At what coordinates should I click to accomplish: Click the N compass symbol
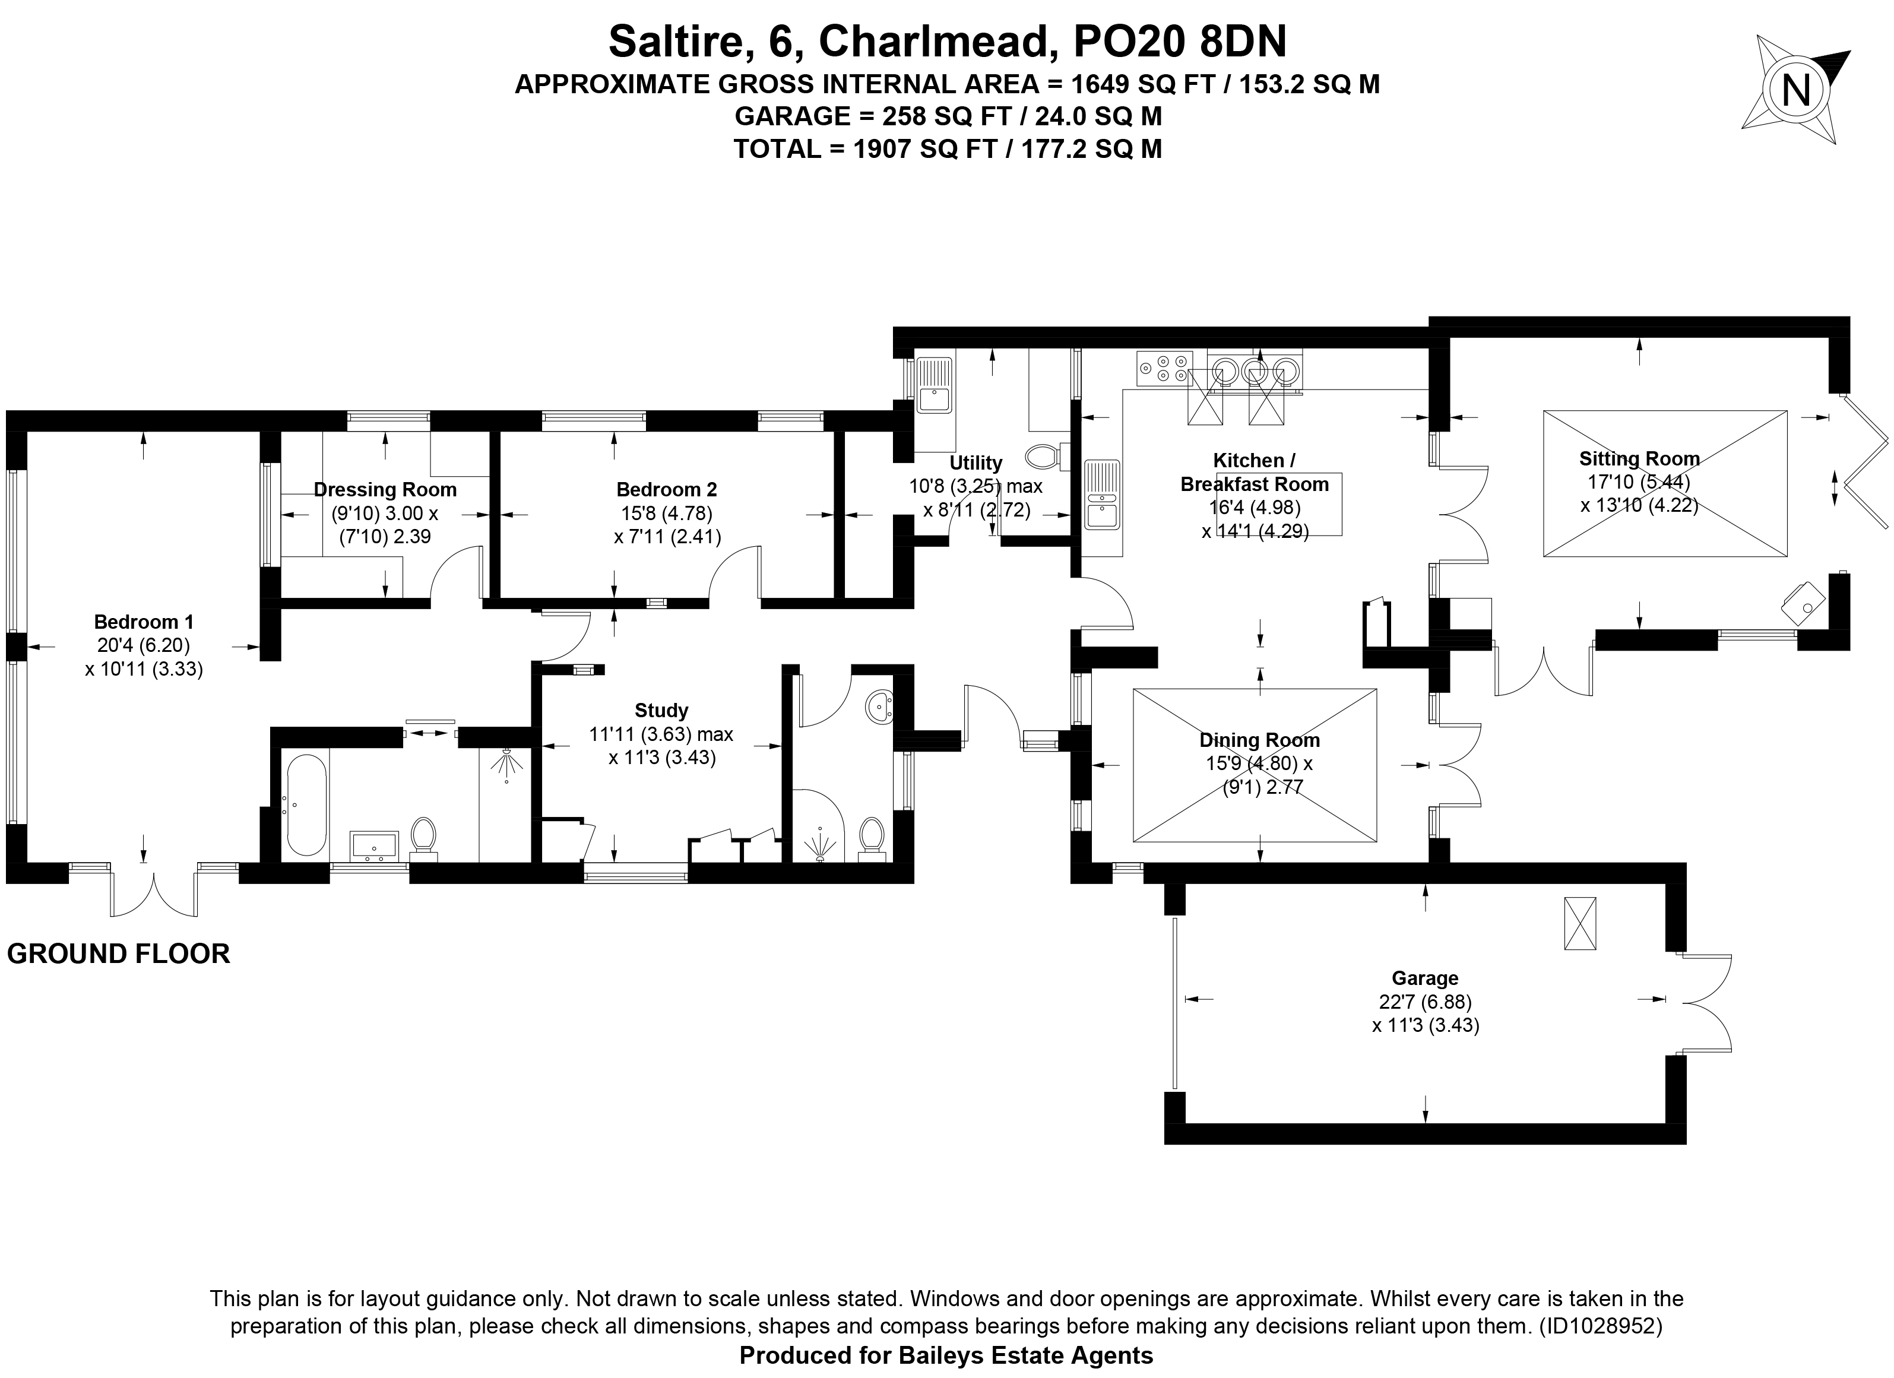1795,90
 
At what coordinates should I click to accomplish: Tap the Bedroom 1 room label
144,622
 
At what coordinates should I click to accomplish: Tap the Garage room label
1425,978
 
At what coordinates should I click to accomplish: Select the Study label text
661,711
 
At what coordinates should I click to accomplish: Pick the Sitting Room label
1639,458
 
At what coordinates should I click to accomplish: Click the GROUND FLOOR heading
119,953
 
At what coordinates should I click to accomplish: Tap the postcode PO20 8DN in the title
1179,42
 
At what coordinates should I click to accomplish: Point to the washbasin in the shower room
880,707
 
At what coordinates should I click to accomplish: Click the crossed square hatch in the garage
1579,923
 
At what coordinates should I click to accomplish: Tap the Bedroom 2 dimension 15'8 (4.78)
665,513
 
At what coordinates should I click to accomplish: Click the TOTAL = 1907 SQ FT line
947,148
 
